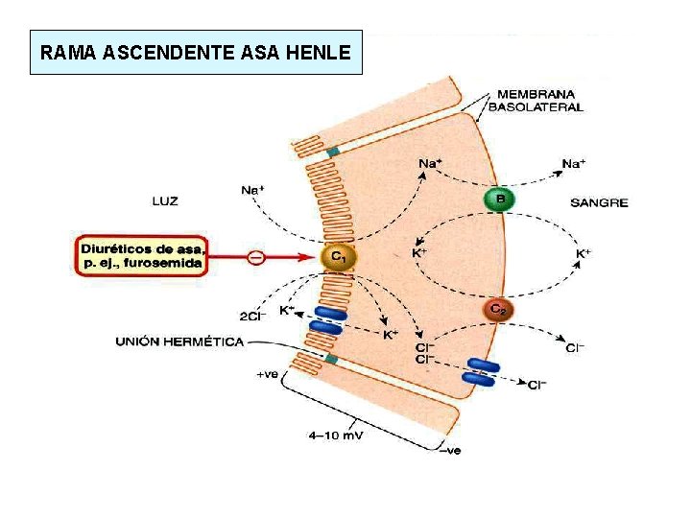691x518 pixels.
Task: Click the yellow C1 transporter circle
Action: pos(340,257)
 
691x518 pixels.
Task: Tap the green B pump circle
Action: pos(499,200)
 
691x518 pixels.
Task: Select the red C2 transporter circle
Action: pos(498,309)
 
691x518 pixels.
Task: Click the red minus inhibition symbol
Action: pos(255,257)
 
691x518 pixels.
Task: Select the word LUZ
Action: pos(165,201)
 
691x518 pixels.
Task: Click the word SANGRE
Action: pos(599,202)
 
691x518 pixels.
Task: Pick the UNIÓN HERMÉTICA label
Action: pos(179,341)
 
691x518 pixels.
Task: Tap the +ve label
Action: pos(267,375)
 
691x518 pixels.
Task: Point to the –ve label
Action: pos(450,452)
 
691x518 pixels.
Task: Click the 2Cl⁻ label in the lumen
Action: pos(253,315)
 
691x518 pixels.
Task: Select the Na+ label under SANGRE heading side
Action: pos(573,164)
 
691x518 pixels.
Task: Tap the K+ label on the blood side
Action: pos(583,254)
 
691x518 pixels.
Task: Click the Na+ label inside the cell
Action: pos(430,163)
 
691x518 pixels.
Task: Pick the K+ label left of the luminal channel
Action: pos(287,310)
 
